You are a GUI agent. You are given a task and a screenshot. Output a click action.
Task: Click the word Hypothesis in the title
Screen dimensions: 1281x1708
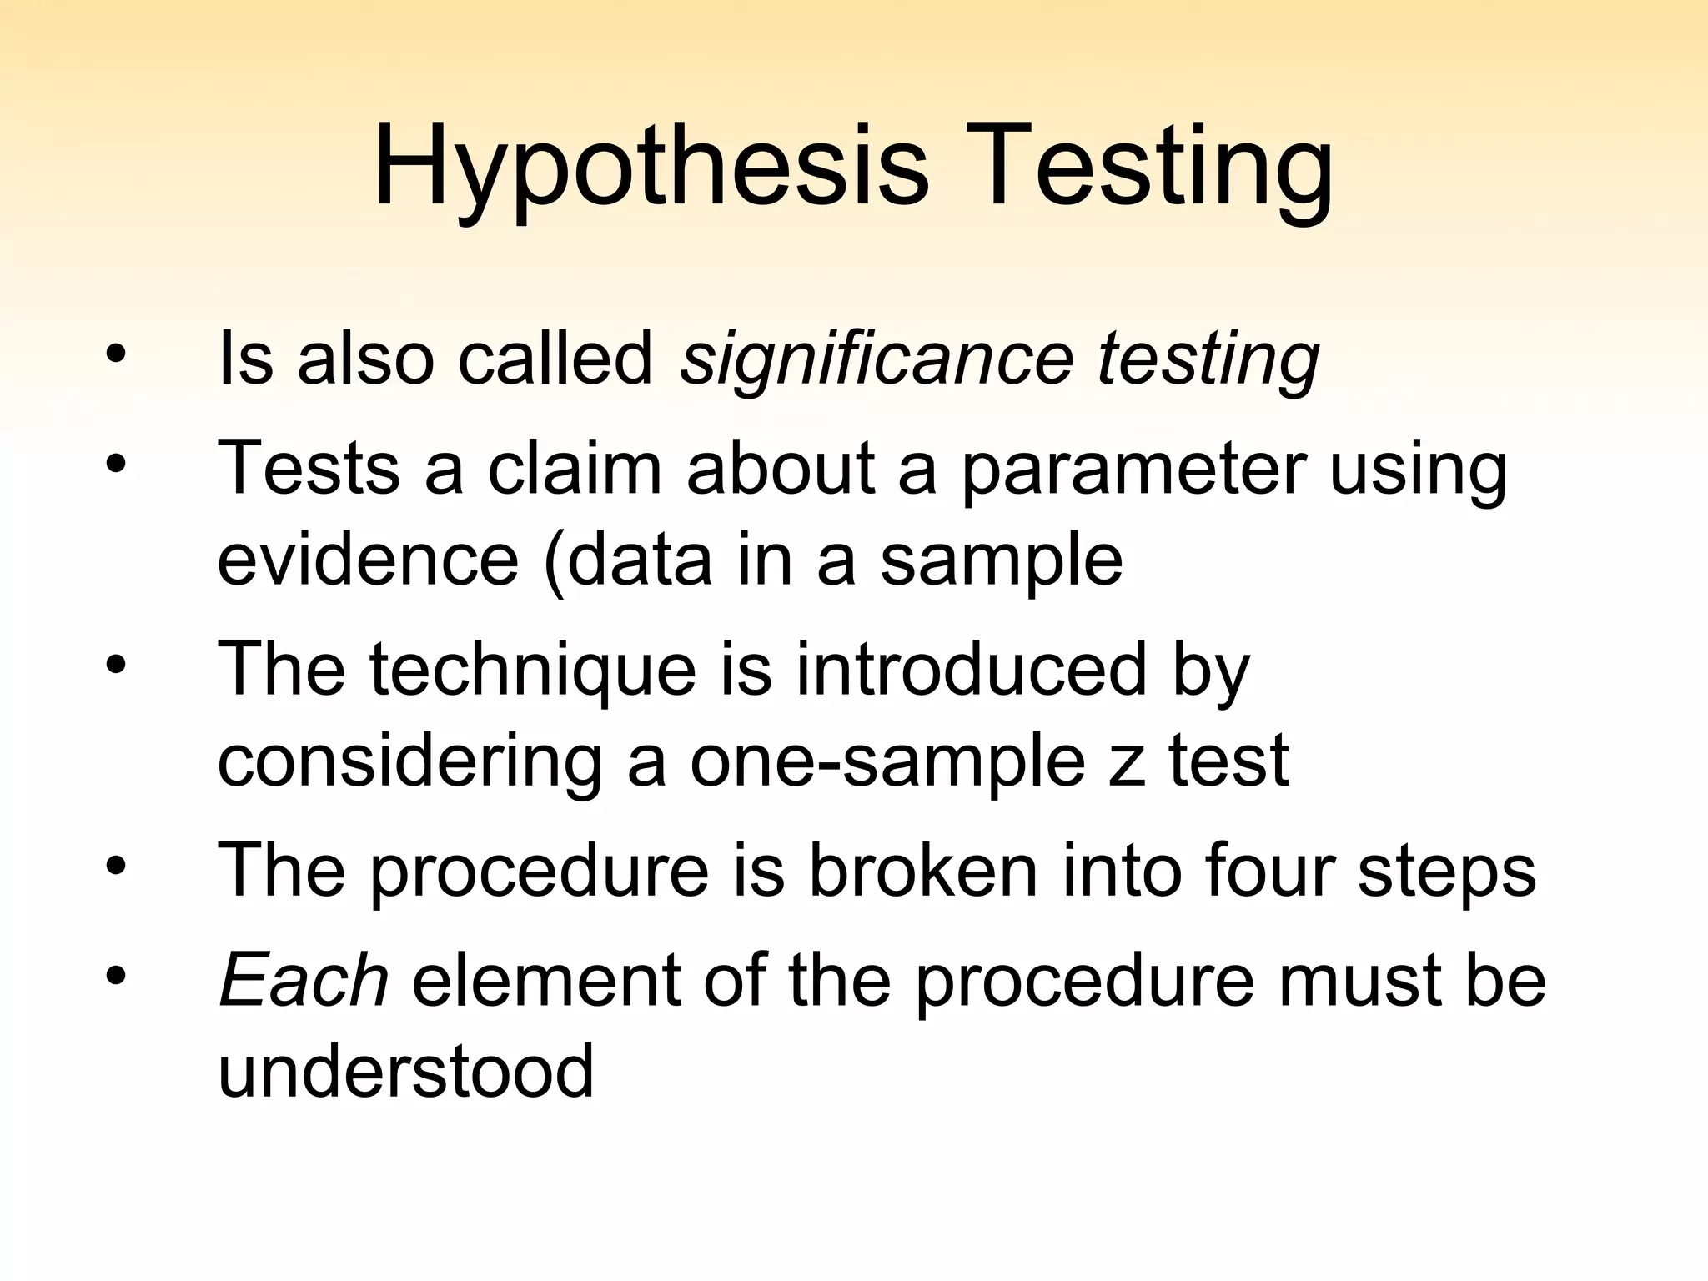651,167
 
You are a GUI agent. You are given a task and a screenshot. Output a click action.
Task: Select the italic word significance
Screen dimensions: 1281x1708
876,360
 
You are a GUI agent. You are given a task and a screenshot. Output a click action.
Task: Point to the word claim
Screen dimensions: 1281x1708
575,469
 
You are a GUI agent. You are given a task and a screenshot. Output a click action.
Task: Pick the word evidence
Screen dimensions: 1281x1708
368,560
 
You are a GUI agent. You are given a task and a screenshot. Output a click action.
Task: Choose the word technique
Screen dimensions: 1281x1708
533,671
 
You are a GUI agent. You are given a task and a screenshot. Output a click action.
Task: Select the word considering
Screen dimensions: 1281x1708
409,763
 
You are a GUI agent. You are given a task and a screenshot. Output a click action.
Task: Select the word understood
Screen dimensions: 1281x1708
406,1072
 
